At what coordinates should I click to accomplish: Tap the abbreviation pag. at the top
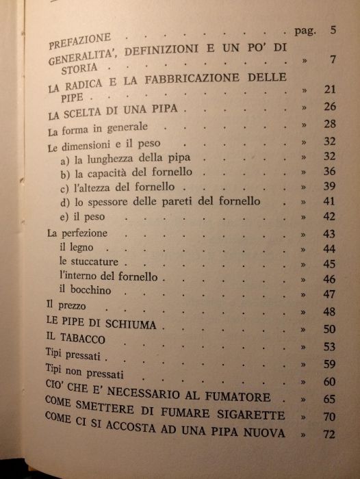[x=303, y=31]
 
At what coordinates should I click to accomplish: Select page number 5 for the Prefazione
[x=333, y=30]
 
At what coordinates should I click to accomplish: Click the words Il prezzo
[x=67, y=306]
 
